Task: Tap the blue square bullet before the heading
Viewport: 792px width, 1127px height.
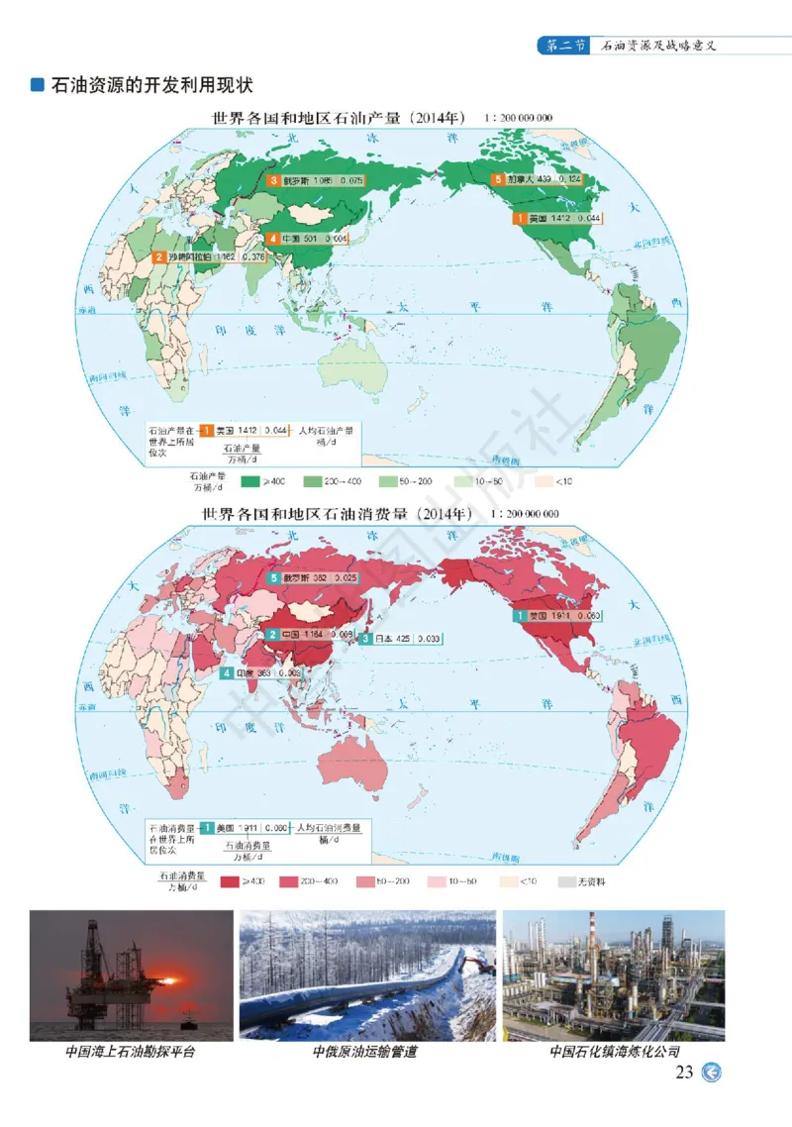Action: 38,86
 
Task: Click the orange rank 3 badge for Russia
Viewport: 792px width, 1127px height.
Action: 273,181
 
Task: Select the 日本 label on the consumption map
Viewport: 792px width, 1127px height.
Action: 387,639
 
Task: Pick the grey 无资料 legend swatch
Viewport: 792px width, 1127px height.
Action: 566,881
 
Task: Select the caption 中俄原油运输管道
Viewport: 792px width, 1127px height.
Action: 364,1052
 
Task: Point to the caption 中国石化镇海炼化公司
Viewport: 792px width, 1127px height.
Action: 615,1052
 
